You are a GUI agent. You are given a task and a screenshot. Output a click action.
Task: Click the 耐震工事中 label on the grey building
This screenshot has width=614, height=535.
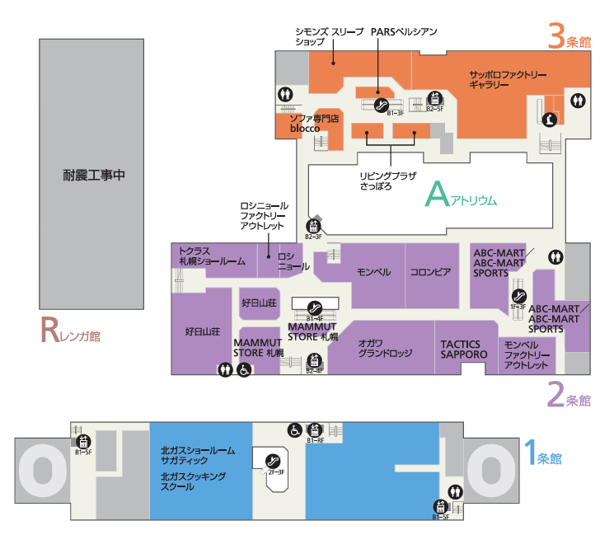pos(92,175)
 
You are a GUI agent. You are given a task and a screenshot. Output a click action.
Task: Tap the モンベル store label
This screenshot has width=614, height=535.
pos(373,273)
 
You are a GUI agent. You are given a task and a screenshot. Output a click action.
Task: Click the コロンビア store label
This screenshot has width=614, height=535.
pos(430,273)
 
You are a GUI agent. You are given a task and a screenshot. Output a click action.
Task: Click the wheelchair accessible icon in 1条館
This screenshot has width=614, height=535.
pos(293,430)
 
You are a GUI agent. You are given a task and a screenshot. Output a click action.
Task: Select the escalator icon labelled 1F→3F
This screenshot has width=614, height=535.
pos(518,297)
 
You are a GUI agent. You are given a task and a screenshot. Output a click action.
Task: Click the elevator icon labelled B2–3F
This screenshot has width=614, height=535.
pos(312,227)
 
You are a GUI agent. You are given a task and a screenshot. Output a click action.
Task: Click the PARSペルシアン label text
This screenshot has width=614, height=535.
pos(404,31)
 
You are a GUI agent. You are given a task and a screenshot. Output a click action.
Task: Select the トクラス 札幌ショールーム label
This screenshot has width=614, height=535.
pos(212,256)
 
